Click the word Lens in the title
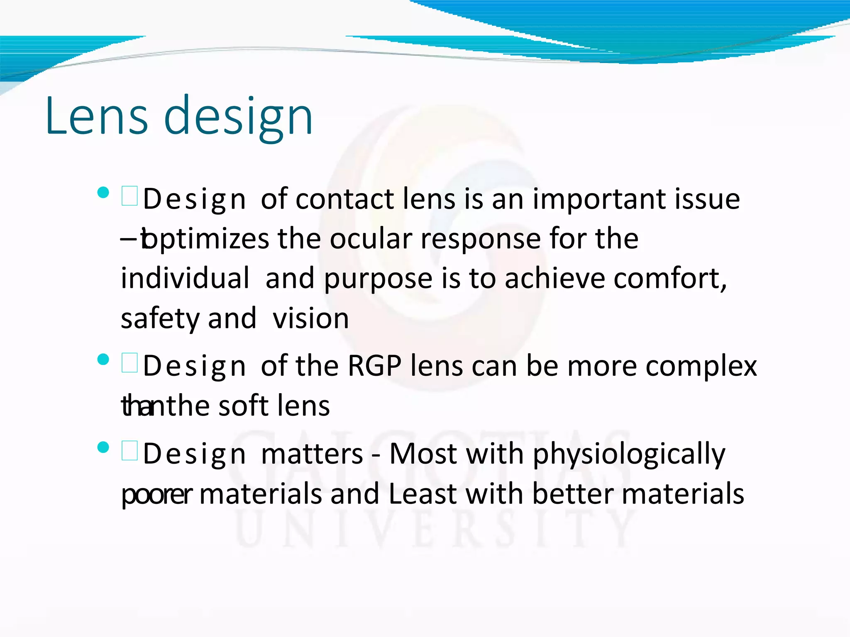tap(96, 116)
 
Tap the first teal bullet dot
tap(103, 192)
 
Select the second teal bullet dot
tap(103, 359)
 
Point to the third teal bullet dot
tap(103, 447)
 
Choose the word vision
tap(310, 318)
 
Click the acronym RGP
tap(374, 366)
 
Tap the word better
tap(573, 494)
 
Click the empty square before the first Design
tap(129, 196)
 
